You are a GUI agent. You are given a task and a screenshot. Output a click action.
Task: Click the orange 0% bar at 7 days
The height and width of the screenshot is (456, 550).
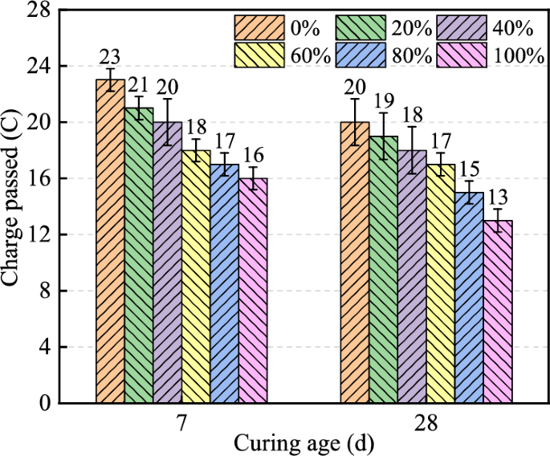[x=110, y=241]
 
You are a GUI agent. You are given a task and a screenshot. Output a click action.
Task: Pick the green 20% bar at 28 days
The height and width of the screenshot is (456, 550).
[x=384, y=269]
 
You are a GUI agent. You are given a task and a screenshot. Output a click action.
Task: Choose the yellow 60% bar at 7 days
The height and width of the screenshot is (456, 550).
[x=196, y=276]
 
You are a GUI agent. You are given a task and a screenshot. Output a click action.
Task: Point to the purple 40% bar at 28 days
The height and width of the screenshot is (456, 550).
[x=412, y=276]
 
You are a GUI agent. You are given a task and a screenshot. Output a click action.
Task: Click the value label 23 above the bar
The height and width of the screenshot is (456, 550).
[x=110, y=57]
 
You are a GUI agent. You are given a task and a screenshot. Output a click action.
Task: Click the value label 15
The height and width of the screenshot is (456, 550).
[x=469, y=169]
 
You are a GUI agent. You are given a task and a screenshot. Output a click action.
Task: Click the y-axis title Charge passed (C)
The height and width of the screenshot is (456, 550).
[x=14, y=206]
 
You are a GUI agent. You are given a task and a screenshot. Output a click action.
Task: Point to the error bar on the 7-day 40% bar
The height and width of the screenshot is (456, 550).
[x=167, y=122]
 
